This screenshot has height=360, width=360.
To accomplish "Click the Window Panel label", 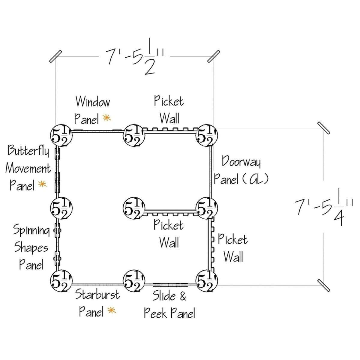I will (92, 110).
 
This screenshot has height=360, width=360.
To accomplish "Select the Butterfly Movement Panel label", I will (28, 168).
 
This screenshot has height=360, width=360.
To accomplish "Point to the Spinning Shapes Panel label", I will (31, 247).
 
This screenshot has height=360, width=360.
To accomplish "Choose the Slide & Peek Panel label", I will (169, 304).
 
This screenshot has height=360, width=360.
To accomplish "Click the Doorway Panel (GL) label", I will (241, 170).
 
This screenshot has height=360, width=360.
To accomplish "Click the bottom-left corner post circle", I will (62, 281).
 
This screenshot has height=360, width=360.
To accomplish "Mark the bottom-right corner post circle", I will (207, 281).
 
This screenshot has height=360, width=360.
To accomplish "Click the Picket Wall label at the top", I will (169, 110).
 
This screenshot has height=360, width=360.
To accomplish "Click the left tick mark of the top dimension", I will (55, 56).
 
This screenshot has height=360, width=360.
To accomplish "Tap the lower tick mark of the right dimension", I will (324, 285).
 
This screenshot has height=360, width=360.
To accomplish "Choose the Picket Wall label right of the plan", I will (232, 248).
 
